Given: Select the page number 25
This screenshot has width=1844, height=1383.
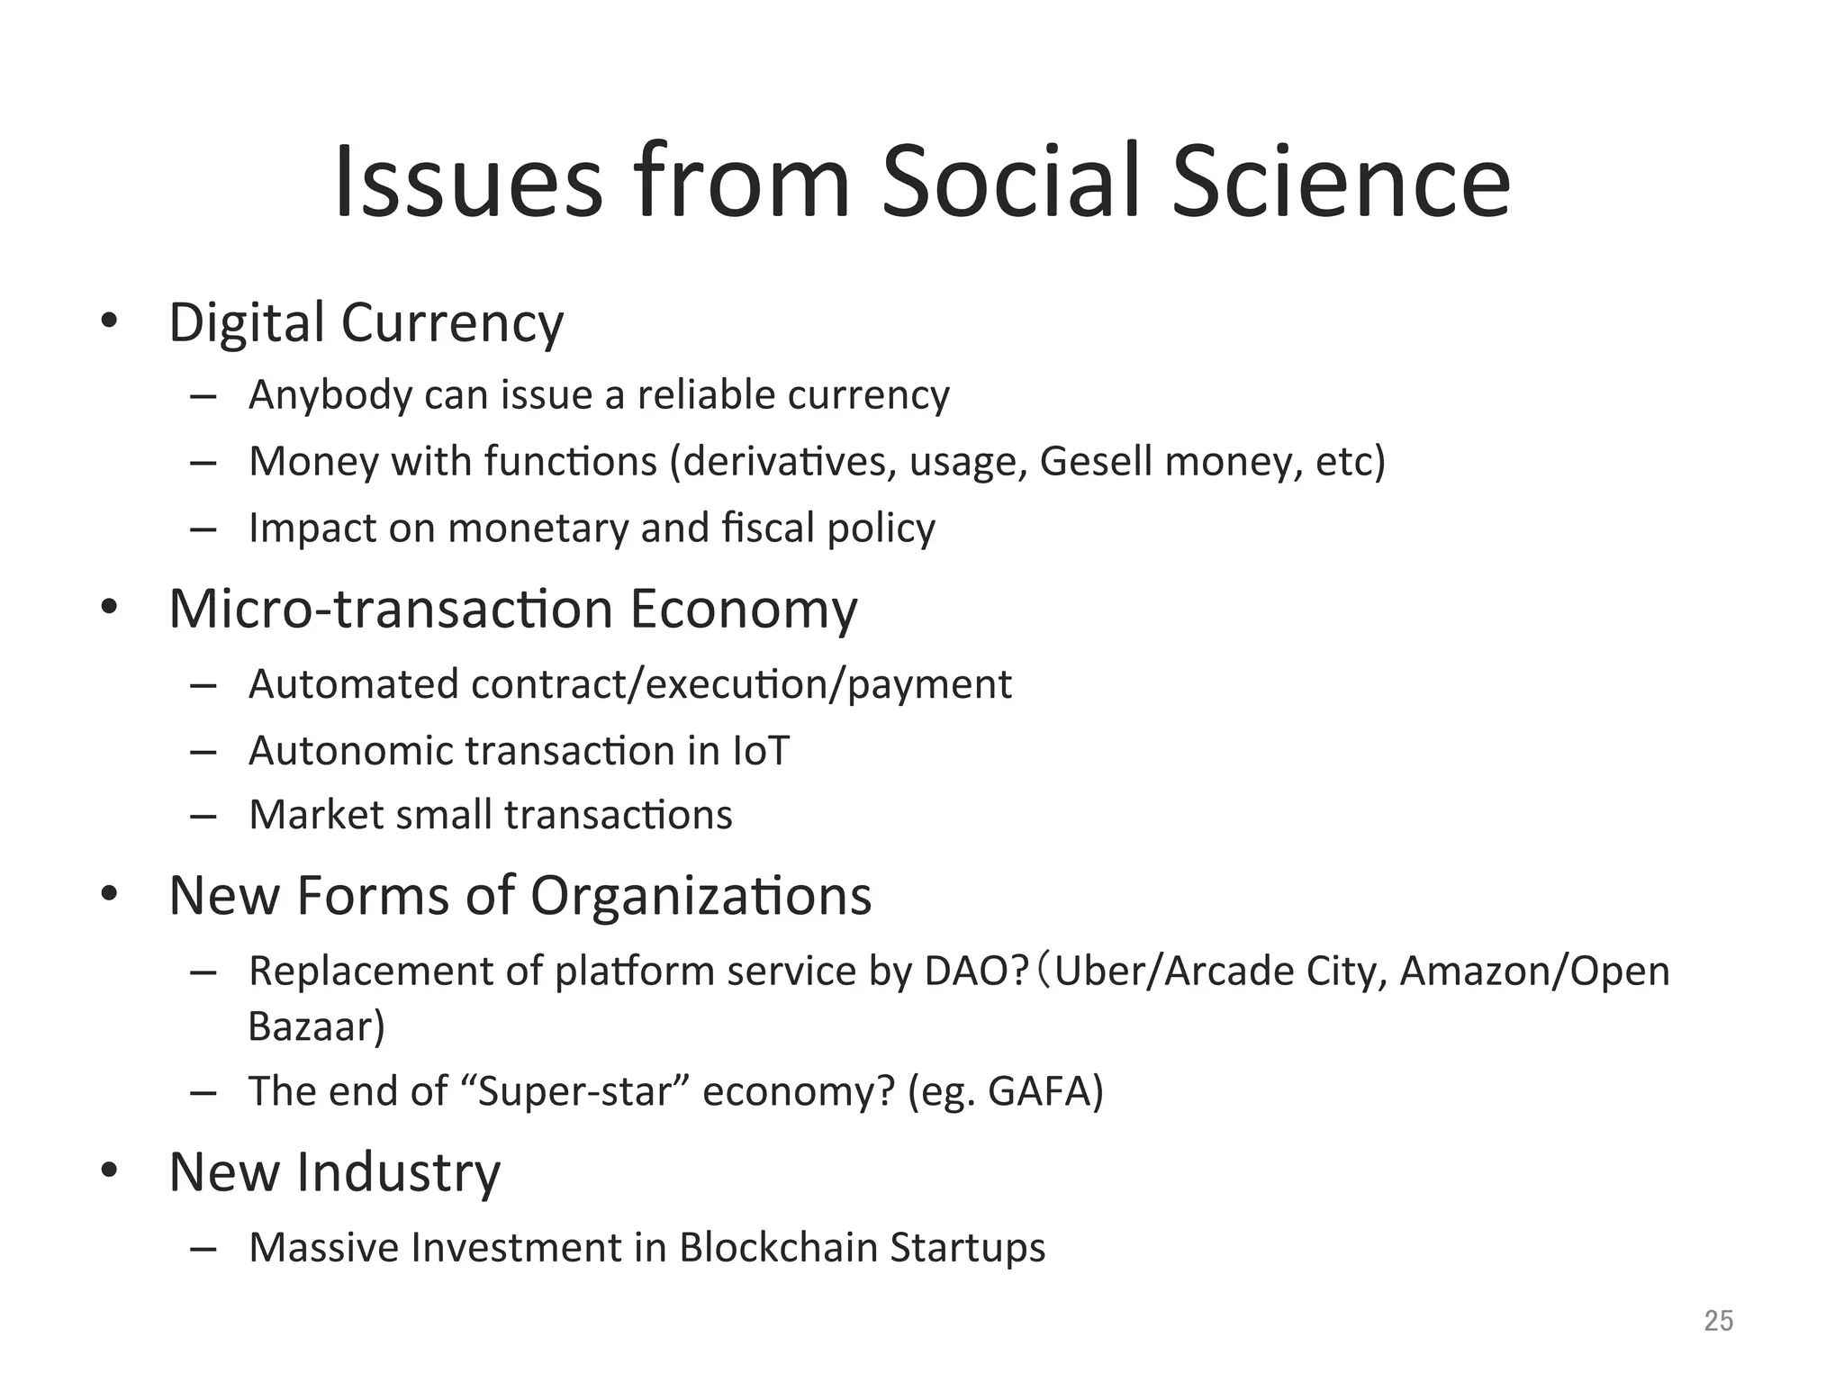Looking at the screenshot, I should pyautogui.click(x=1718, y=1321).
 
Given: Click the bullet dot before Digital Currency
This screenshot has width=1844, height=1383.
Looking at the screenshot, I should pyautogui.click(x=109, y=321).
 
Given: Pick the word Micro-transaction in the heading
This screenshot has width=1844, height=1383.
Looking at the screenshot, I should pyautogui.click(x=391, y=609).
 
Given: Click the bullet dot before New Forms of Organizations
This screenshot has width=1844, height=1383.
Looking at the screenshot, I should pyautogui.click(x=109, y=894).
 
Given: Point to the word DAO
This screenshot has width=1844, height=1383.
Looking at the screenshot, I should pyautogui.click(x=976, y=972).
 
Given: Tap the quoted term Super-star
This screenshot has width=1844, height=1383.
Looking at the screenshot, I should pyautogui.click(x=576, y=1091).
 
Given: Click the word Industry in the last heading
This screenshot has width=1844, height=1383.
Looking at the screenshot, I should pyautogui.click(x=398, y=1172).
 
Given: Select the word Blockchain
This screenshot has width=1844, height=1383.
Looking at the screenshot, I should pyautogui.click(x=778, y=1248).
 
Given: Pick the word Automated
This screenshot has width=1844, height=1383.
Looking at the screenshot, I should pyautogui.click(x=353, y=684).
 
